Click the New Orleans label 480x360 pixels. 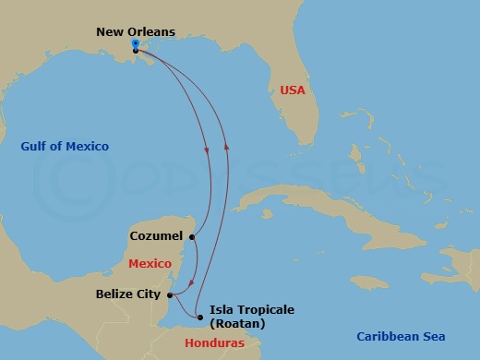[x=135, y=32]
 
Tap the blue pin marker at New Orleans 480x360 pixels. [x=135, y=43]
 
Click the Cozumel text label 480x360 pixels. [x=155, y=236]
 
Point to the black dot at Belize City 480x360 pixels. [x=169, y=295]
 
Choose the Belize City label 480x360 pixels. [x=128, y=294]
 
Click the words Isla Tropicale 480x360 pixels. [x=252, y=309]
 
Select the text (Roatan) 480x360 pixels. [x=237, y=324]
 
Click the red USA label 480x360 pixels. [x=292, y=90]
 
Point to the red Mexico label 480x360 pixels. [x=150, y=264]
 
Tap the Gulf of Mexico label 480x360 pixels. [x=65, y=147]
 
